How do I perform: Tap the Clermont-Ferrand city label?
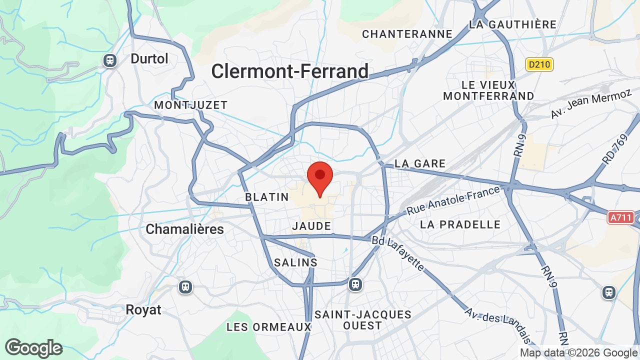click(289, 71)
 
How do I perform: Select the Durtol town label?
click(149, 58)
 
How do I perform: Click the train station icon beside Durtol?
click(109, 60)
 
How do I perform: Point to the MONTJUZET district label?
click(191, 105)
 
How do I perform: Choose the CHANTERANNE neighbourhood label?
click(407, 34)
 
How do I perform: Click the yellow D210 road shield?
click(539, 64)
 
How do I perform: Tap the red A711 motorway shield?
click(621, 217)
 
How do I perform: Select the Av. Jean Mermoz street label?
click(591, 104)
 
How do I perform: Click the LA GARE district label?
click(420, 163)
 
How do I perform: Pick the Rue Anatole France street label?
click(453, 200)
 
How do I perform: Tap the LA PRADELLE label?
click(460, 224)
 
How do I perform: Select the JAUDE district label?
click(312, 226)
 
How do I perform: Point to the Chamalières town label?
click(184, 229)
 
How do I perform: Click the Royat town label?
click(143, 309)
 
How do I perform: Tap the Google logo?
click(33, 348)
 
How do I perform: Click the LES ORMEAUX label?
click(268, 327)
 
